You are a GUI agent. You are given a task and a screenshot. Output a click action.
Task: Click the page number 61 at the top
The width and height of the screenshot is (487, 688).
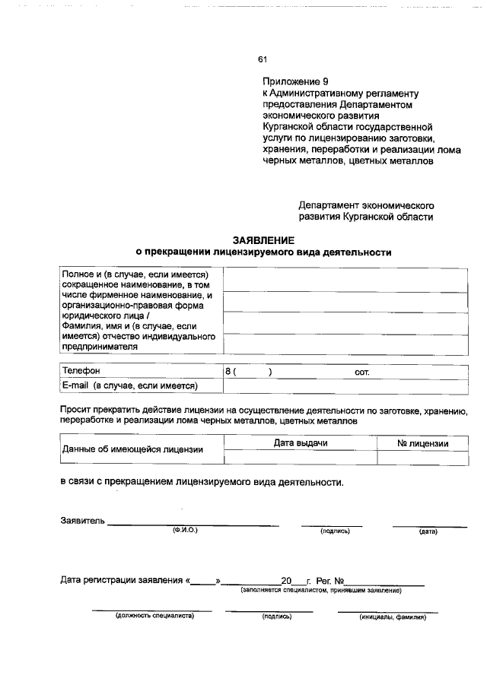pyautogui.click(x=263, y=59)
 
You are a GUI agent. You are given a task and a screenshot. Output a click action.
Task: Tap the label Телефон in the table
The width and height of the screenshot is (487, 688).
pyautogui.click(x=81, y=372)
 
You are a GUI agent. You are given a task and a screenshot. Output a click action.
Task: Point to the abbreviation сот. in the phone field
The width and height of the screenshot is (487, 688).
pyautogui.click(x=361, y=373)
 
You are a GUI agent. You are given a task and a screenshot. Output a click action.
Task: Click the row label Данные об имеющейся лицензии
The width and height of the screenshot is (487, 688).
pyautogui.click(x=132, y=449)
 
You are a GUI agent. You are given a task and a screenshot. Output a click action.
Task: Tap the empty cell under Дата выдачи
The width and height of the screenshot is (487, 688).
pyautogui.click(x=301, y=458)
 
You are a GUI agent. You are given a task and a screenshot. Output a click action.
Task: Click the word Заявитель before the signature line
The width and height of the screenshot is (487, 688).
pyautogui.click(x=82, y=521)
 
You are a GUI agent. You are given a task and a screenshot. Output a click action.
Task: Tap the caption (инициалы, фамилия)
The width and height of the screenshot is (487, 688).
pyautogui.click(x=392, y=617)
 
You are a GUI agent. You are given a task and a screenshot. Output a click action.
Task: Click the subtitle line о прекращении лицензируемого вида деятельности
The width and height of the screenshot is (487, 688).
pyautogui.click(x=263, y=252)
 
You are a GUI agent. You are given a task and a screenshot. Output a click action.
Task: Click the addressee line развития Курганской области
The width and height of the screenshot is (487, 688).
pyautogui.click(x=366, y=217)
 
